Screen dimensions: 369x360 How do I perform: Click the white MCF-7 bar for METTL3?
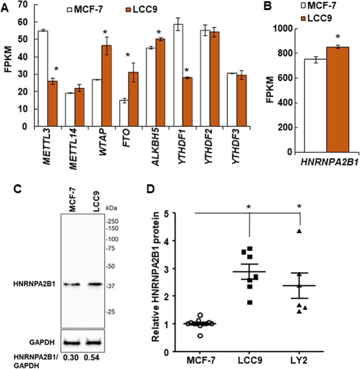pyautogui.click(x=42, y=78)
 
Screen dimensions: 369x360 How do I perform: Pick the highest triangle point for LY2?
pyautogui.click(x=299, y=231)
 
